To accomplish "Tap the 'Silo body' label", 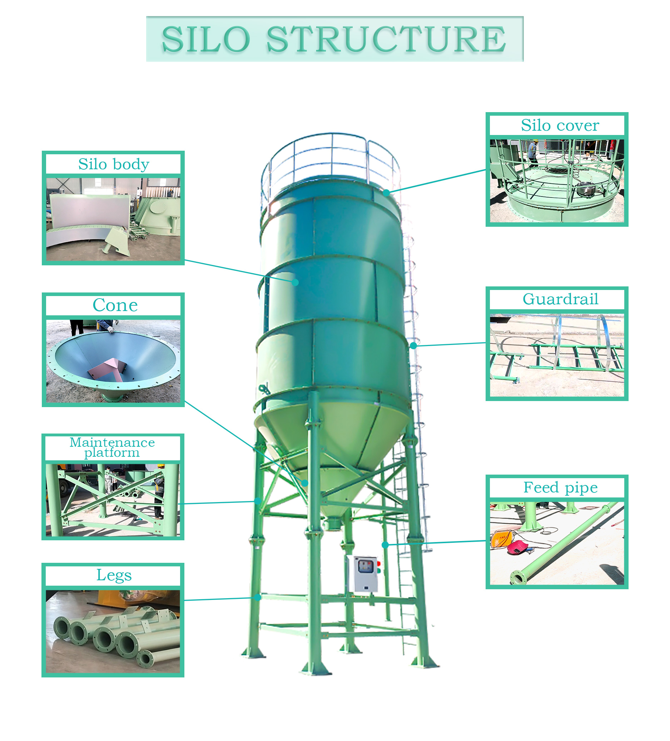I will click(114, 164).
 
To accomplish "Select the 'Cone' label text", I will click(115, 305).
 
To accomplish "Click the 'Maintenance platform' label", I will click(112, 447).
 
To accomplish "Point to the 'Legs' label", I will click(114, 575).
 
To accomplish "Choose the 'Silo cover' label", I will click(560, 126).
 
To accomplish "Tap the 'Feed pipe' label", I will click(560, 488).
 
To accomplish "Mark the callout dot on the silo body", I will click(295, 282).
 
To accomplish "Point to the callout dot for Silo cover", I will click(386, 192).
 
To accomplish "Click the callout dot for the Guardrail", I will click(413, 346).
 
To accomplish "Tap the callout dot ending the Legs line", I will click(258, 597).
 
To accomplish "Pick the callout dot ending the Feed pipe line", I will click(385, 545).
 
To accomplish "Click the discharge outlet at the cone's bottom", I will click(333, 523).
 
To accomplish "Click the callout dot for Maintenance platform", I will click(258, 501).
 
